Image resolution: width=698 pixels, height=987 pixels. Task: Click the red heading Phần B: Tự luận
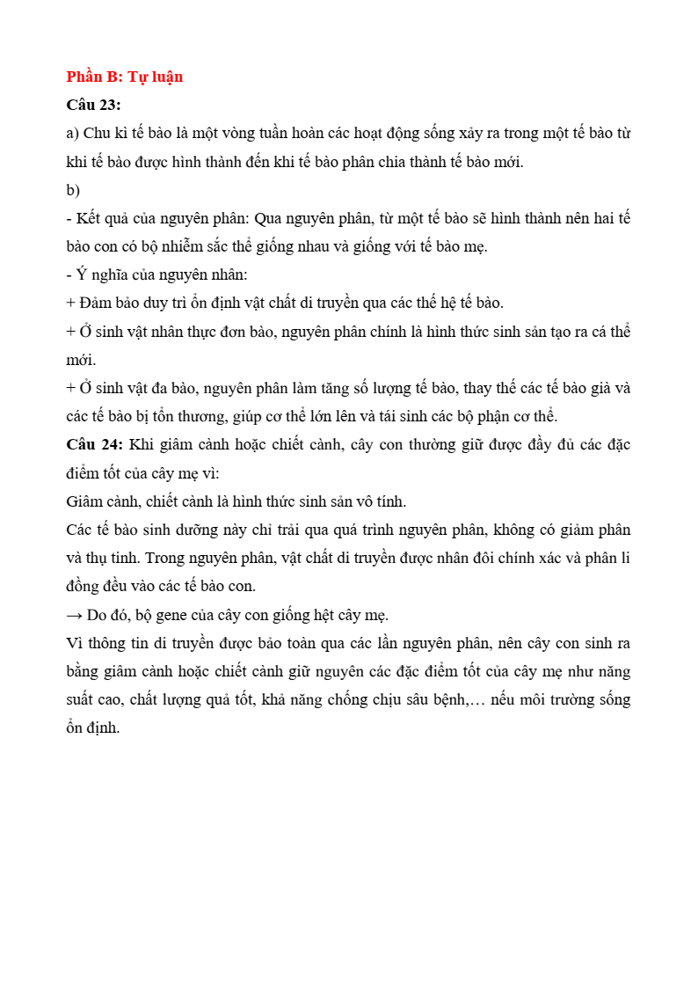(124, 77)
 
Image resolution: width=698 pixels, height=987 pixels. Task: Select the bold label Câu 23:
(93, 105)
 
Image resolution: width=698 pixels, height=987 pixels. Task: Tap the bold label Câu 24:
(93, 444)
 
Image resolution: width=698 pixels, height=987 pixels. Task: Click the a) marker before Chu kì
(73, 134)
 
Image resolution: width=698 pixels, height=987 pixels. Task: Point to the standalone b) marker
(73, 190)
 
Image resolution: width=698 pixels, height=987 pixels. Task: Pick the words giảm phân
(599, 530)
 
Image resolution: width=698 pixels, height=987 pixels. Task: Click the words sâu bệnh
(433, 699)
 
